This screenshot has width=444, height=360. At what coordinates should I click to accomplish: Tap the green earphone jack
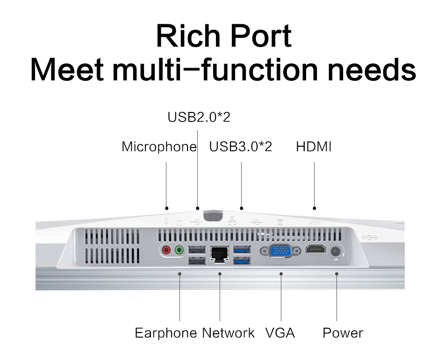[x=179, y=250]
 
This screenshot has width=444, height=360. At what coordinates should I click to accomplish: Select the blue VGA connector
[x=280, y=251]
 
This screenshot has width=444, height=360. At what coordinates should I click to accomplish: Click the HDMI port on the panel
[x=315, y=249]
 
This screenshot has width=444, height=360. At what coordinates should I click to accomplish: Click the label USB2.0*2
[x=199, y=117]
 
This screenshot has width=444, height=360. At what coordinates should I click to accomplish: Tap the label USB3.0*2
[x=240, y=147]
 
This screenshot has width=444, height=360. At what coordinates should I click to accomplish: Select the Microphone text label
[x=159, y=147]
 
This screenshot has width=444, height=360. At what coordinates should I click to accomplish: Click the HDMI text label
[x=314, y=147]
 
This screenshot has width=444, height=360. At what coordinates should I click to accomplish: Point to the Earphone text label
[x=165, y=333]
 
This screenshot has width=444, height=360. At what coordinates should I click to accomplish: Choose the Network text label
[x=228, y=333]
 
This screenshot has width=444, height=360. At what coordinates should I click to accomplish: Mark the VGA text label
[x=280, y=333]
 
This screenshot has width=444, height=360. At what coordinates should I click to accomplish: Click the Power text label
[x=343, y=333]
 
